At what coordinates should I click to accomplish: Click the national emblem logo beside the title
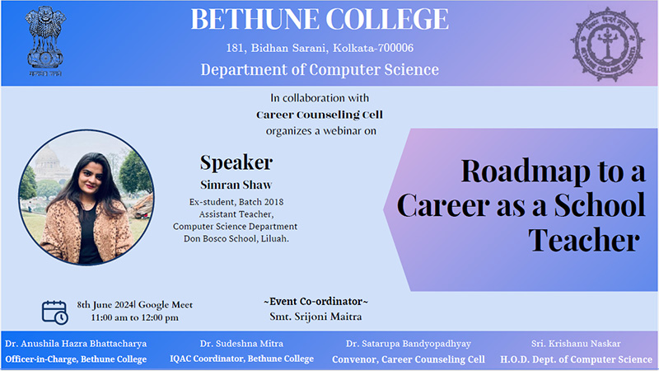pyautogui.click(x=45, y=41)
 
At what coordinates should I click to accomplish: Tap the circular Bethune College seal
pyautogui.click(x=607, y=44)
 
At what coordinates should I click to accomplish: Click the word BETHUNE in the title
pyautogui.click(x=255, y=19)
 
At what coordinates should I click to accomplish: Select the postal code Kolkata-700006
pyautogui.click(x=373, y=48)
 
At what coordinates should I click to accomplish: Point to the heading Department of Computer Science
pyautogui.click(x=320, y=69)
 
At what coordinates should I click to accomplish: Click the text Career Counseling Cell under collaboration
pyautogui.click(x=320, y=115)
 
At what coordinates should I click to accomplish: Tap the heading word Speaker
pyautogui.click(x=236, y=163)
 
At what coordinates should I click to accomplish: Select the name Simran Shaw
pyautogui.click(x=236, y=185)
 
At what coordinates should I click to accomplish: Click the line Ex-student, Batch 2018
pyautogui.click(x=236, y=202)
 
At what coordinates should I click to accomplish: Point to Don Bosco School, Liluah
pyautogui.click(x=236, y=238)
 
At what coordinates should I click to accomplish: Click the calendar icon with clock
pyautogui.click(x=54, y=312)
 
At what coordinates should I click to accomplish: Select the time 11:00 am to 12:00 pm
pyautogui.click(x=134, y=317)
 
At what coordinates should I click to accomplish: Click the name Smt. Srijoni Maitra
pyautogui.click(x=315, y=317)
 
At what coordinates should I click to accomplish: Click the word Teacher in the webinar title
pyautogui.click(x=584, y=240)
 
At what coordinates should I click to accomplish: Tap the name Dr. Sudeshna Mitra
pyautogui.click(x=241, y=344)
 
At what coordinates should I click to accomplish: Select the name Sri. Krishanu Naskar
pyautogui.click(x=576, y=344)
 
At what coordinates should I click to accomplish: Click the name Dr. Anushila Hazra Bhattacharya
pyautogui.click(x=76, y=344)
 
